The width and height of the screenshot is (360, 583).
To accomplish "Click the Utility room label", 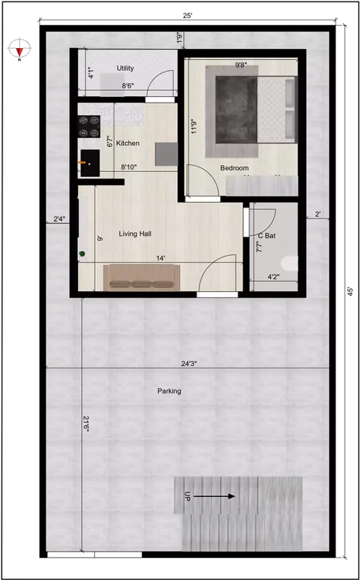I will click(x=125, y=69).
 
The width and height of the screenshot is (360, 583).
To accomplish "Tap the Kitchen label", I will click(x=128, y=144).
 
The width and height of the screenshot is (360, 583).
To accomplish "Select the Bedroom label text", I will click(x=234, y=168).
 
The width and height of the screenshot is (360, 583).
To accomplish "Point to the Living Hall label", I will click(x=135, y=234).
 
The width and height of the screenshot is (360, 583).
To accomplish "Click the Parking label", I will click(x=169, y=391).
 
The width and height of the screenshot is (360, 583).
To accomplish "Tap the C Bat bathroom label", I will click(x=266, y=236).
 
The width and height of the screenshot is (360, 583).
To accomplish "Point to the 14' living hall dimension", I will click(x=160, y=258).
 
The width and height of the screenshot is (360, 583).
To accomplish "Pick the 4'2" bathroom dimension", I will click(x=273, y=277).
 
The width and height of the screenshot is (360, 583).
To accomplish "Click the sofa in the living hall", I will click(x=142, y=277).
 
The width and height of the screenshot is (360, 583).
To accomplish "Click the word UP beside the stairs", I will click(x=187, y=497).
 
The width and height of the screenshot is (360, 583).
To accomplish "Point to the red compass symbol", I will click(x=20, y=49).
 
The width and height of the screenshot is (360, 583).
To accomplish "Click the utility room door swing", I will click(x=162, y=84).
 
